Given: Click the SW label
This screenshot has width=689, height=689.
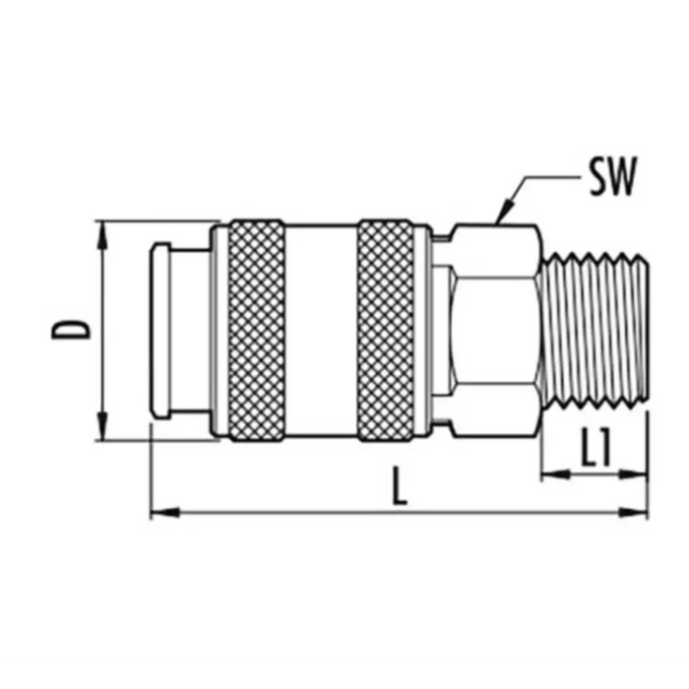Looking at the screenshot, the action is (612, 176).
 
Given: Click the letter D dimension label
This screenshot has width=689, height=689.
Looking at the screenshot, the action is (71, 330).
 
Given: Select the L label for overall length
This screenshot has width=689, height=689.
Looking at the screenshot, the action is (399, 486).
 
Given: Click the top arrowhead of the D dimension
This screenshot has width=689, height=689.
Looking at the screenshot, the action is (102, 235).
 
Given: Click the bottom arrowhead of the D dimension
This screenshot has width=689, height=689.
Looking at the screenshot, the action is (102, 425).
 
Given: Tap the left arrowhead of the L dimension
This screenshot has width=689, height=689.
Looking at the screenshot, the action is (165, 513).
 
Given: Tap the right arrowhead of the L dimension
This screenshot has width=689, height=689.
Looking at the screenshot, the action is (633, 513).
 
